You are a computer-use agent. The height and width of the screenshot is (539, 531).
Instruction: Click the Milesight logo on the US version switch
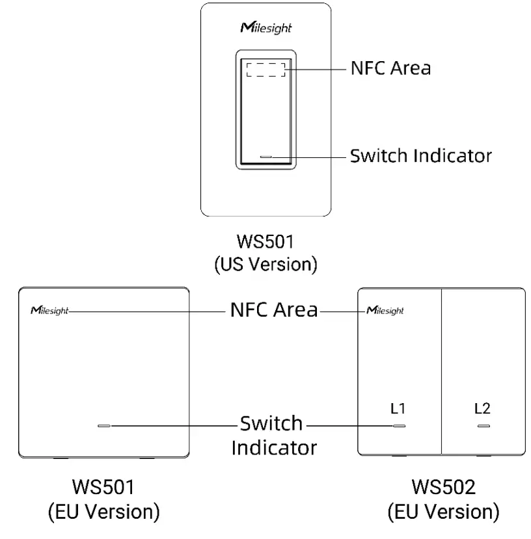click(x=265, y=29)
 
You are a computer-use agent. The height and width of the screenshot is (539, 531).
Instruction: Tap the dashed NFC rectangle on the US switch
click(x=265, y=69)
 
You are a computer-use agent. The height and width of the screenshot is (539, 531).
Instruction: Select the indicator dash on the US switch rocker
click(x=265, y=157)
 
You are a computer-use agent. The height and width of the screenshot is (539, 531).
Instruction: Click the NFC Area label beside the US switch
click(x=390, y=68)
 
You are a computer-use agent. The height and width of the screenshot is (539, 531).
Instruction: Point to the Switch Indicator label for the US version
click(x=420, y=156)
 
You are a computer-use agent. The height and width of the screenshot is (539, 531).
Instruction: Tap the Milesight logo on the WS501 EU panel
click(x=49, y=310)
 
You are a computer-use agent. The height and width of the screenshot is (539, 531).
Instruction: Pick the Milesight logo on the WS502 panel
click(x=385, y=310)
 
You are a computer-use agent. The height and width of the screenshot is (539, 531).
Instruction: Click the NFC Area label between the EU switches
click(x=273, y=309)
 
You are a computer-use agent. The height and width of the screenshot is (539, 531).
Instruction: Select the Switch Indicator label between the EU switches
click(x=273, y=436)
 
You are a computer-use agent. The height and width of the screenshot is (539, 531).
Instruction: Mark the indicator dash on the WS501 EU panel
click(x=104, y=427)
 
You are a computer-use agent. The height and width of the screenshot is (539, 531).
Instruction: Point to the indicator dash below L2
click(x=483, y=427)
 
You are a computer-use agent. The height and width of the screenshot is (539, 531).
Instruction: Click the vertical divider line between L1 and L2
click(x=442, y=371)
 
